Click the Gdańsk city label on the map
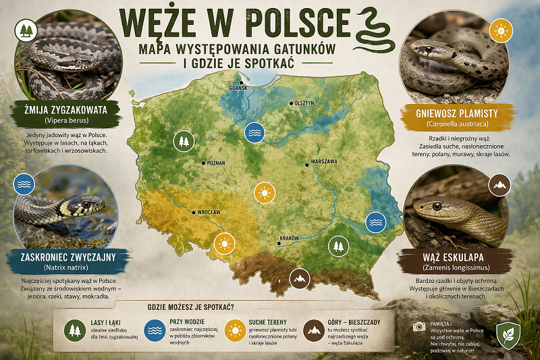(238, 88)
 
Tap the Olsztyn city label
(302, 103)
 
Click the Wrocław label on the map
(209, 212)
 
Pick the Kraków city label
(288, 239)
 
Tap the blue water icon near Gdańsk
(254, 132)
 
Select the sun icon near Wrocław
(223, 243)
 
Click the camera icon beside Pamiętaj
(418, 326)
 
